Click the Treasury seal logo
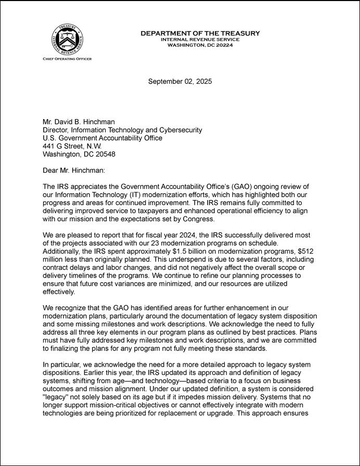pos(67,40)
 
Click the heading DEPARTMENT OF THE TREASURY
pos(200,34)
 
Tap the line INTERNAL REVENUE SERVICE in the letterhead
pos(200,40)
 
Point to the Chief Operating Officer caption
pos(67,59)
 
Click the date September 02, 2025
pos(180,81)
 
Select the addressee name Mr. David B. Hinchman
pos(79,122)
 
